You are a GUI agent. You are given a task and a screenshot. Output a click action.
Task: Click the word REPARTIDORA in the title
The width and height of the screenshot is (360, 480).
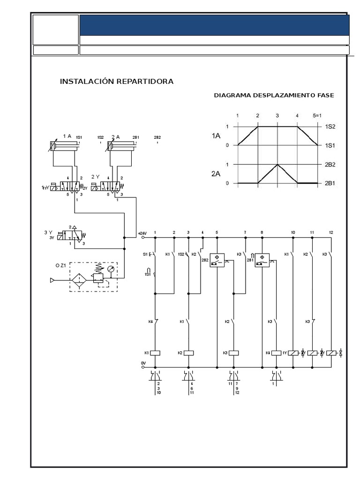(x=145, y=82)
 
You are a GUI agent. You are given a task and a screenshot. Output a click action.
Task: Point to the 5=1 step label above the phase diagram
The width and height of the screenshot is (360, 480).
(x=318, y=115)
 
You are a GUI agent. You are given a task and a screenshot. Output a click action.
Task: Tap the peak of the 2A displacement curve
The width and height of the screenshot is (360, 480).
(x=277, y=165)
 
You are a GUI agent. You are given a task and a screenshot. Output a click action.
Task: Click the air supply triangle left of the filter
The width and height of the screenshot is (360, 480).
(x=52, y=280)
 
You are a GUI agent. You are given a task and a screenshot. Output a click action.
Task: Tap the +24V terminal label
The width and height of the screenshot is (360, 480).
(x=142, y=233)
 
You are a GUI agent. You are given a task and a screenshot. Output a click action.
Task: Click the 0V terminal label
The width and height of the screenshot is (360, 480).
(x=143, y=363)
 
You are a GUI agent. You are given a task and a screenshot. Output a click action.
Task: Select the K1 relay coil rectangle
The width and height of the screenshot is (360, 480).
(x=156, y=352)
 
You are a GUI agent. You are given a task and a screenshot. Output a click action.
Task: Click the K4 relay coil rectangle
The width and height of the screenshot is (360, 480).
(x=276, y=352)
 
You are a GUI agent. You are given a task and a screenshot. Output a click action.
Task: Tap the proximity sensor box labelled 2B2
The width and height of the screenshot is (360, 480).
(x=217, y=260)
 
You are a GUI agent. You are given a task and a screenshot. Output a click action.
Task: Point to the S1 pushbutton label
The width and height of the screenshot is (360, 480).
(x=145, y=254)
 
